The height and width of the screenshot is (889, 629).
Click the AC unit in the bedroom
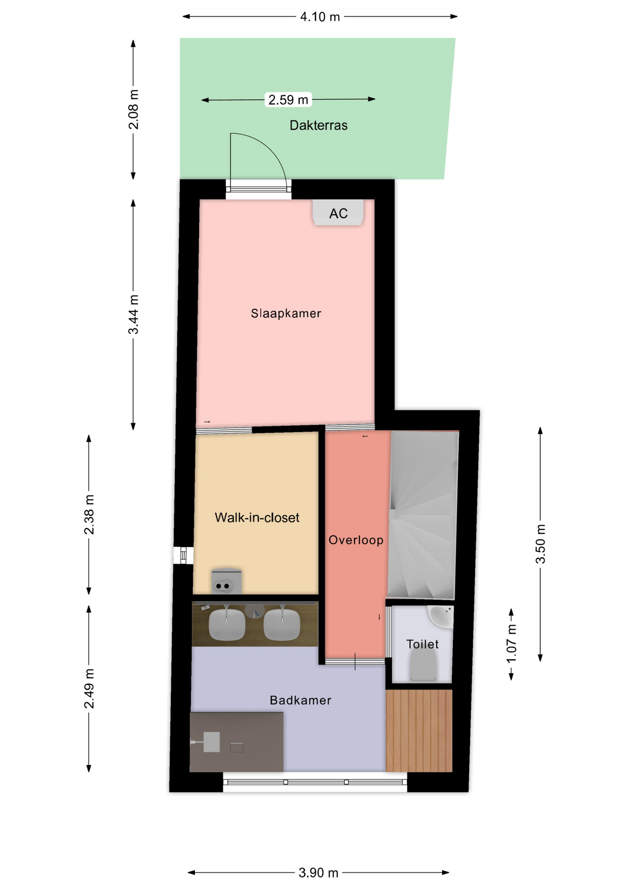click(x=338, y=213)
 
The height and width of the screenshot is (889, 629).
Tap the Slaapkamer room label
click(x=286, y=313)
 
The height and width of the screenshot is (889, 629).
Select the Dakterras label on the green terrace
click(x=318, y=125)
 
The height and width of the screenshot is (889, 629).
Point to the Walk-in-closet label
click(x=257, y=517)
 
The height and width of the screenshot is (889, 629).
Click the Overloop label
click(x=356, y=540)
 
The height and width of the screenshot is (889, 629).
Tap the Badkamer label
click(x=300, y=700)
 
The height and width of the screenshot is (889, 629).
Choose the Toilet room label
click(x=422, y=644)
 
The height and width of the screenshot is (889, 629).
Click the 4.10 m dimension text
click(x=320, y=17)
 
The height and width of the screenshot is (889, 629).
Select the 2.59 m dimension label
click(x=288, y=100)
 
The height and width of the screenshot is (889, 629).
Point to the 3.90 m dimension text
click(x=318, y=873)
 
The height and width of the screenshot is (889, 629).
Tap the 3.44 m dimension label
click(x=133, y=314)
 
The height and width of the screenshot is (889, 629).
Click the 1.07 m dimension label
click(x=511, y=644)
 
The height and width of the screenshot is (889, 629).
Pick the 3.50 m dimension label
click(x=541, y=544)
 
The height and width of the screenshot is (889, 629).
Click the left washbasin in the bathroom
click(x=226, y=624)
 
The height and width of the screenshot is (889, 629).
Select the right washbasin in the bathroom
click(x=282, y=624)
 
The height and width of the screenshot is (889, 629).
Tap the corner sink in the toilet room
click(x=441, y=616)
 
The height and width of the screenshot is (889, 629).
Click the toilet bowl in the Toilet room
click(x=423, y=665)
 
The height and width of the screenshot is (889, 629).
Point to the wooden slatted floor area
click(x=419, y=731)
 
